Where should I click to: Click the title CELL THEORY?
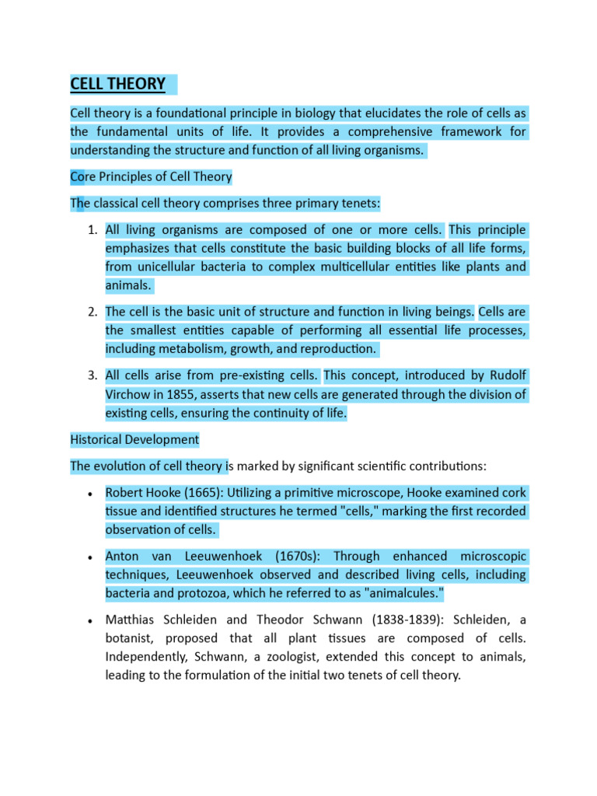(x=118, y=84)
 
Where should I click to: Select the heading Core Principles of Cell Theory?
(x=151, y=176)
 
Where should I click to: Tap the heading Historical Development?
(x=134, y=440)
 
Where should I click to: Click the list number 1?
(x=91, y=230)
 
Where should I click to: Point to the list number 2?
(x=91, y=312)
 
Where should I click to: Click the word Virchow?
(x=129, y=395)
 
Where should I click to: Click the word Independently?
(x=145, y=658)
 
